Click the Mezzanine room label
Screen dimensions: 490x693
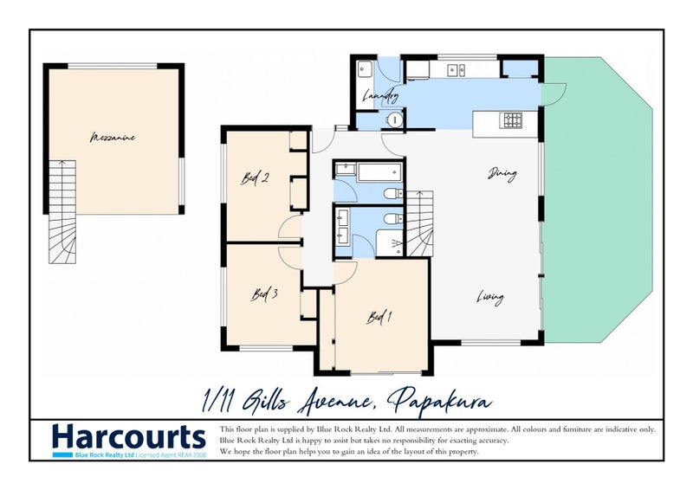113,137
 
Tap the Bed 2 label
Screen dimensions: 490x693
255,178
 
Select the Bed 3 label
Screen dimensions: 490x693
264,293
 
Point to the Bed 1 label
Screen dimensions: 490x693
379,317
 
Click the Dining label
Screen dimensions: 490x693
502,174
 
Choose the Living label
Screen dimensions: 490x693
489,299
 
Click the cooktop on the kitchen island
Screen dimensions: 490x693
512,120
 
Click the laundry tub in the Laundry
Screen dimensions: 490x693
364,70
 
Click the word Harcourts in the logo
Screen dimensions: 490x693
128,435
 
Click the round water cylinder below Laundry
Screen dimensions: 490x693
394,120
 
